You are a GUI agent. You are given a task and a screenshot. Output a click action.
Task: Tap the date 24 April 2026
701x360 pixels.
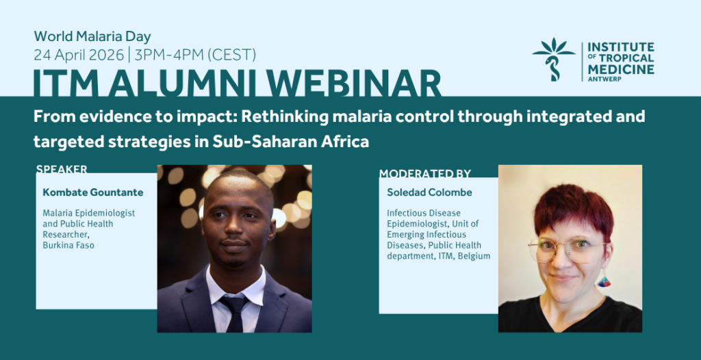79,55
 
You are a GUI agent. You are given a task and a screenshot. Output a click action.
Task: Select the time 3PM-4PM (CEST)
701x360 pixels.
194,55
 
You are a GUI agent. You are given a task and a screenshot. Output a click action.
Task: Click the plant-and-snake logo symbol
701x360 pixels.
553,59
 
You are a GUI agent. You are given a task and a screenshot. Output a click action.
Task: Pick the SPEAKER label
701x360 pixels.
62,169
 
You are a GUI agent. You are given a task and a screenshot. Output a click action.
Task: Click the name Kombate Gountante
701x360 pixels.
93,193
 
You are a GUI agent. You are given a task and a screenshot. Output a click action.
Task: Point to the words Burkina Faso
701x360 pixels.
68,245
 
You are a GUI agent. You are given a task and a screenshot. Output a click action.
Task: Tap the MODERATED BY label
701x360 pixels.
425,173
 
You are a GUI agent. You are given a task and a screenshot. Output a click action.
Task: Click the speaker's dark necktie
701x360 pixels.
233,313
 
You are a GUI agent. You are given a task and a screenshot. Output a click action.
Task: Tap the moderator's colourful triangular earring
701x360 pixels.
604,281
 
